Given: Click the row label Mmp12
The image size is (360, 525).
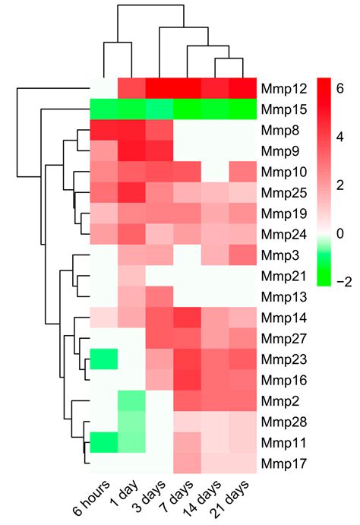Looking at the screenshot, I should point(280,88).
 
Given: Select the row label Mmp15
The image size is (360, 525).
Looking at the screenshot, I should point(280,109).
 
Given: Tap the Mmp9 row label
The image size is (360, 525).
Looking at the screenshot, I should point(277,150).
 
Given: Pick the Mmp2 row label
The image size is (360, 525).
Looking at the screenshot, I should point(277,400).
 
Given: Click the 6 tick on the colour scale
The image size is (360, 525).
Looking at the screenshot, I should point(340,88).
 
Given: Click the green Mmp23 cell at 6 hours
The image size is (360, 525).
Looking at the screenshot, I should point(103,358).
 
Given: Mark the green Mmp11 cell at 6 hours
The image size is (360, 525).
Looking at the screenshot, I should point(103,441).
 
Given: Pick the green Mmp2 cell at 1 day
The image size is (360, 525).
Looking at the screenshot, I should point(131,400).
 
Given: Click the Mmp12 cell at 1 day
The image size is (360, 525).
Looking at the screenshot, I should point(131,88).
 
